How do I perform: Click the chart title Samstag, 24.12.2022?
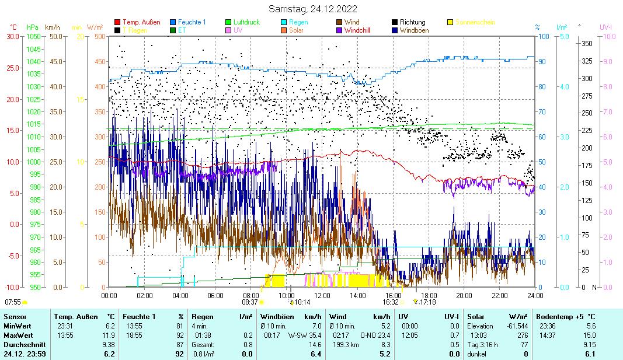click(313, 9)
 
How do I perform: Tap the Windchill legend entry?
click(360, 30)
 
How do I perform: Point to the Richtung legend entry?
click(412, 22)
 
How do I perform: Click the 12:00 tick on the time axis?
click(322, 295)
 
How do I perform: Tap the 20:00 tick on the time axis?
click(464, 295)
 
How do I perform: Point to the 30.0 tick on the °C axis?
click(13, 36)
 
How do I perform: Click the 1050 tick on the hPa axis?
click(33, 36)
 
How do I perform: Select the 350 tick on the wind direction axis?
click(587, 43)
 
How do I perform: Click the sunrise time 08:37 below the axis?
click(249, 302)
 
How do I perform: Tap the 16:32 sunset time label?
click(391, 302)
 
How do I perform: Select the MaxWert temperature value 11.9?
click(109, 335)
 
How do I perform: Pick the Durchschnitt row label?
click(21, 344)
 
